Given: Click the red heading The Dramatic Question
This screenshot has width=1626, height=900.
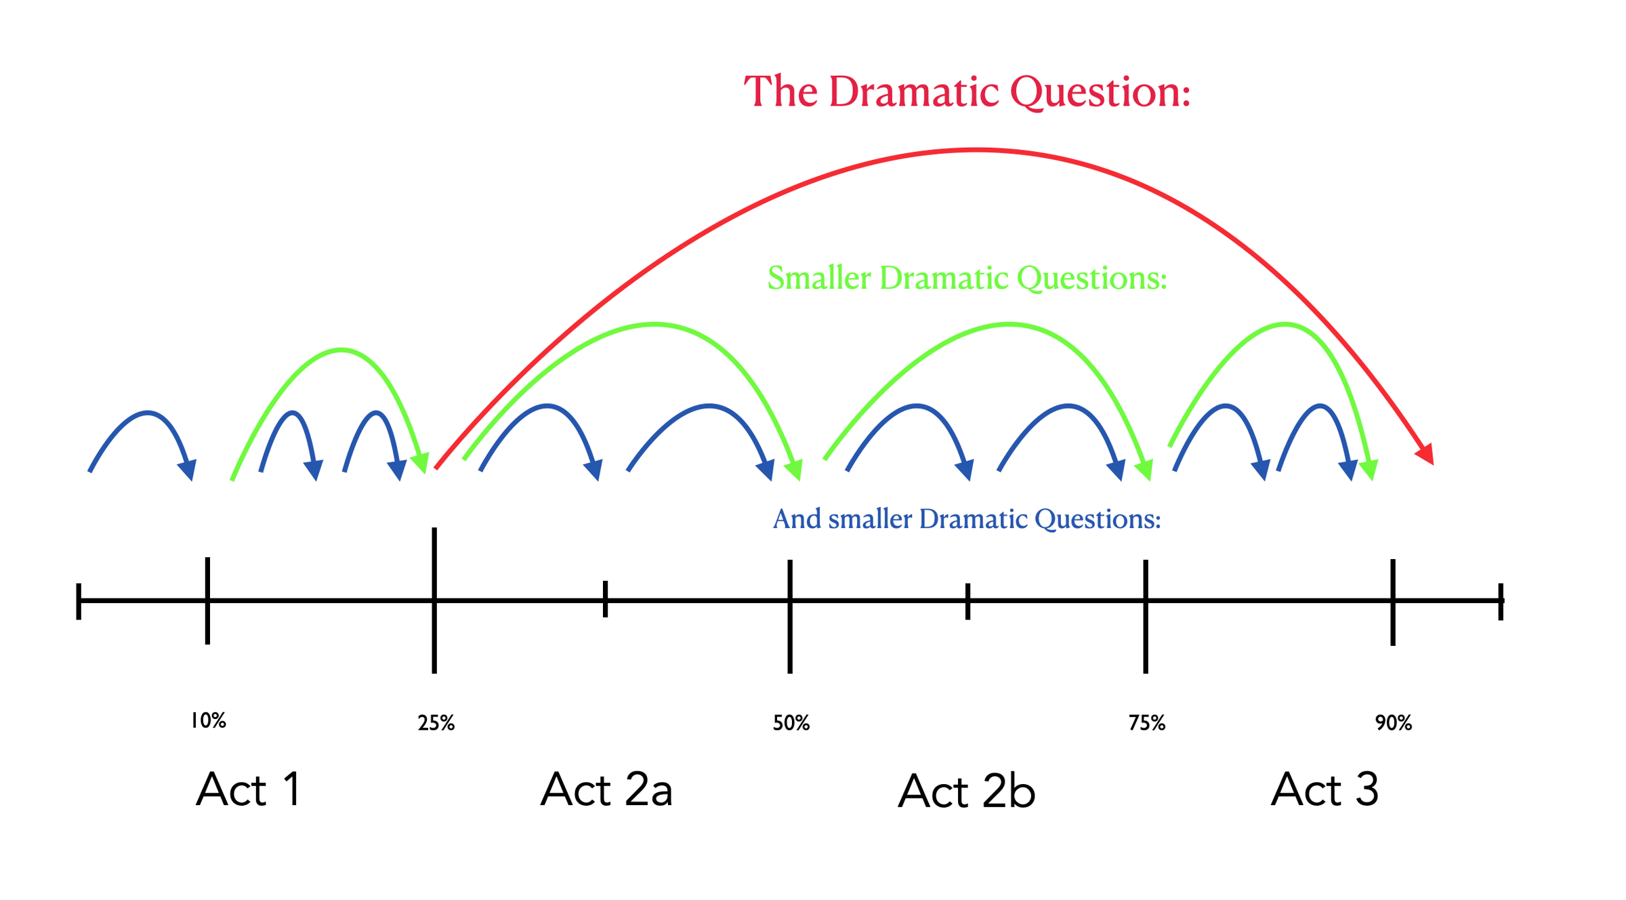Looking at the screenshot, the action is (x=967, y=91).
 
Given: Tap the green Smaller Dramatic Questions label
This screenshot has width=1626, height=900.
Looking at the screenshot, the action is (x=967, y=278).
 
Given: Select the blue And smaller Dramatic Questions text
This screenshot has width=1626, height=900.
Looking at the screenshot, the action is (x=967, y=518).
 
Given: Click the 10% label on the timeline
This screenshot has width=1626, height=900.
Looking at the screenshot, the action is (x=208, y=720).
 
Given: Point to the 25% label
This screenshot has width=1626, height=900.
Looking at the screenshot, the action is (x=436, y=723).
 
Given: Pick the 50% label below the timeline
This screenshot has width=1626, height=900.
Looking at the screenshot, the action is (x=791, y=723).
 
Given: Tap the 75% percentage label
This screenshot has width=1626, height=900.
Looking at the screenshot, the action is (x=1147, y=723).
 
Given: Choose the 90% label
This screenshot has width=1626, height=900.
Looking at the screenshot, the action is (x=1394, y=723).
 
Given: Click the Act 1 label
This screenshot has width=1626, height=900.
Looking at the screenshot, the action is (x=249, y=789).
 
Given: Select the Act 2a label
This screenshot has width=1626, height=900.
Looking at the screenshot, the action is (x=606, y=789).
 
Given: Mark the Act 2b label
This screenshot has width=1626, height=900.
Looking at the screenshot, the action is (x=967, y=790).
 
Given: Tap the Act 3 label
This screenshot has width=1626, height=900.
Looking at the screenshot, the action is (x=1325, y=789).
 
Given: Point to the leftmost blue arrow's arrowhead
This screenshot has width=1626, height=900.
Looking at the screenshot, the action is (x=188, y=470).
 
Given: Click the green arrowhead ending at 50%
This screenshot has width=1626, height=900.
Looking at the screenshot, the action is (x=794, y=470).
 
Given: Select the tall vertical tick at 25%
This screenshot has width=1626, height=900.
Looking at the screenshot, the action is (x=434, y=600).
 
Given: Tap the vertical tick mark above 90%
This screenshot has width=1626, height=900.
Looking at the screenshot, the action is (x=1393, y=602).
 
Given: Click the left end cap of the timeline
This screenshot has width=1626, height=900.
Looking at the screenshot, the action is (x=79, y=601).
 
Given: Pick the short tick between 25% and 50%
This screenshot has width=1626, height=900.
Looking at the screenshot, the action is (x=606, y=598).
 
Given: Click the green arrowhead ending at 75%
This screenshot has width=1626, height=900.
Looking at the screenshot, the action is (x=1144, y=470).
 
